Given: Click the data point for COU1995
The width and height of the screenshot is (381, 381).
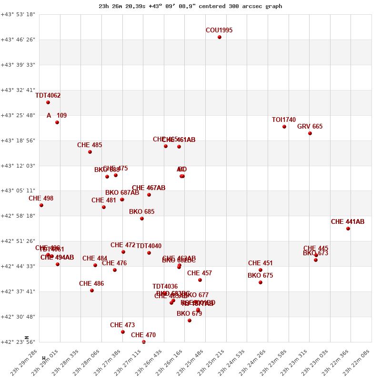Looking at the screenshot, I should (220, 37).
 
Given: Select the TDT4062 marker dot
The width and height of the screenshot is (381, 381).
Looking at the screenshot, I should (48, 102).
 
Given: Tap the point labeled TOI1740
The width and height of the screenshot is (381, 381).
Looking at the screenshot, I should (284, 127).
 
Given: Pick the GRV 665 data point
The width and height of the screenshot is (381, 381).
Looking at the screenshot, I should (310, 133).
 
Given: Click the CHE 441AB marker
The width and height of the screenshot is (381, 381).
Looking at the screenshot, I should (348, 229).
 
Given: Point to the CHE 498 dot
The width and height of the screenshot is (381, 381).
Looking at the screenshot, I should (41, 205).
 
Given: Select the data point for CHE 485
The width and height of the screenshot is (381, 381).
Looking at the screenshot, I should (90, 152).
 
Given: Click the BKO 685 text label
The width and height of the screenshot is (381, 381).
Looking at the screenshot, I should (142, 212).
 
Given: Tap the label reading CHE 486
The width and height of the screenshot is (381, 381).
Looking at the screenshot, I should (91, 284).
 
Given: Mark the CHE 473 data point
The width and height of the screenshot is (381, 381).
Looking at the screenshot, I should (123, 332).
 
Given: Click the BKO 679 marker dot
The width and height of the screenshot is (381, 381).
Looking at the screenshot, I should (190, 321).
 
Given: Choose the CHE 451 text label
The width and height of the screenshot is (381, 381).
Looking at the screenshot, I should (261, 263).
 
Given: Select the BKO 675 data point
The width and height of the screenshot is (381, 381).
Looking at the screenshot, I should (261, 282).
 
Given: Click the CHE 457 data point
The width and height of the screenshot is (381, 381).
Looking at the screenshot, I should (200, 280).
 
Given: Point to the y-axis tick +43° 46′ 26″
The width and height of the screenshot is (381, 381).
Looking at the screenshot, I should (18, 40).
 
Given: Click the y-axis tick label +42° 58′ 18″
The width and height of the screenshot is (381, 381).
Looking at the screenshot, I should (18, 216).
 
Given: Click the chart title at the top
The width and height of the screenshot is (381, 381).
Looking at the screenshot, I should (190, 6).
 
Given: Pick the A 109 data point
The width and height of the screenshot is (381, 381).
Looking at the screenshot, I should (57, 122).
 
